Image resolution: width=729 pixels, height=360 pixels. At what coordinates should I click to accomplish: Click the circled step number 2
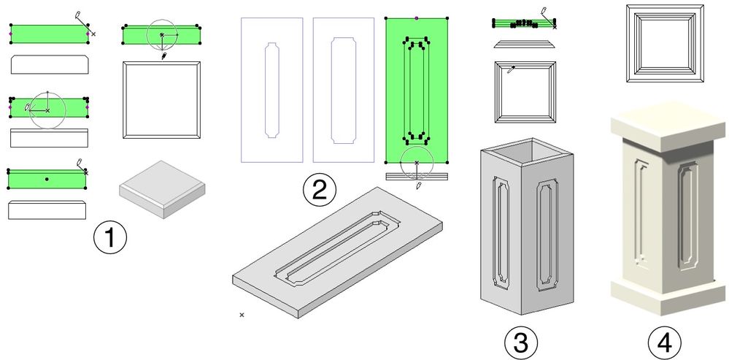click(320, 191)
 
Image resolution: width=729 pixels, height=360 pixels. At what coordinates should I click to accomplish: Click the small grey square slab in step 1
click(162, 189)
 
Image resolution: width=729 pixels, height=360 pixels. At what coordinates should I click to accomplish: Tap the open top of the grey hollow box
click(526, 150)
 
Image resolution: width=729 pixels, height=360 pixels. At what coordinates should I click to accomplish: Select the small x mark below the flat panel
click(242, 315)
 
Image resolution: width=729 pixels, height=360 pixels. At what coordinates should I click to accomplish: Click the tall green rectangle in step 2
click(417, 91)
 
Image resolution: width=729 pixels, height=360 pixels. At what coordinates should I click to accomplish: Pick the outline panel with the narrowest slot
click(272, 91)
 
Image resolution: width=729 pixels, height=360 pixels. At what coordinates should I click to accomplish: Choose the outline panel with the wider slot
click(344, 91)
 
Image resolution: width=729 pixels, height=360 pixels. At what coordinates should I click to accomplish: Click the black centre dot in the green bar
click(47, 179)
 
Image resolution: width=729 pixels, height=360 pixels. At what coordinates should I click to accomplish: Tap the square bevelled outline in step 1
click(162, 100)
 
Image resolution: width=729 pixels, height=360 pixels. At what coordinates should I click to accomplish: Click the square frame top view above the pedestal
click(665, 43)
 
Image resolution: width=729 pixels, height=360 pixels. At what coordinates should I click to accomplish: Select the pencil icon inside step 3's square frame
click(511, 71)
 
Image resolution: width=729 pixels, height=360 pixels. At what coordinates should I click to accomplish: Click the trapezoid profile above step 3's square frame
click(525, 45)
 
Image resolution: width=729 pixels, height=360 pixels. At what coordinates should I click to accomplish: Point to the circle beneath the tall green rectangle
click(417, 163)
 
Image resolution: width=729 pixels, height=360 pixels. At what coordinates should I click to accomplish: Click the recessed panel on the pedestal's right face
click(687, 216)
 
